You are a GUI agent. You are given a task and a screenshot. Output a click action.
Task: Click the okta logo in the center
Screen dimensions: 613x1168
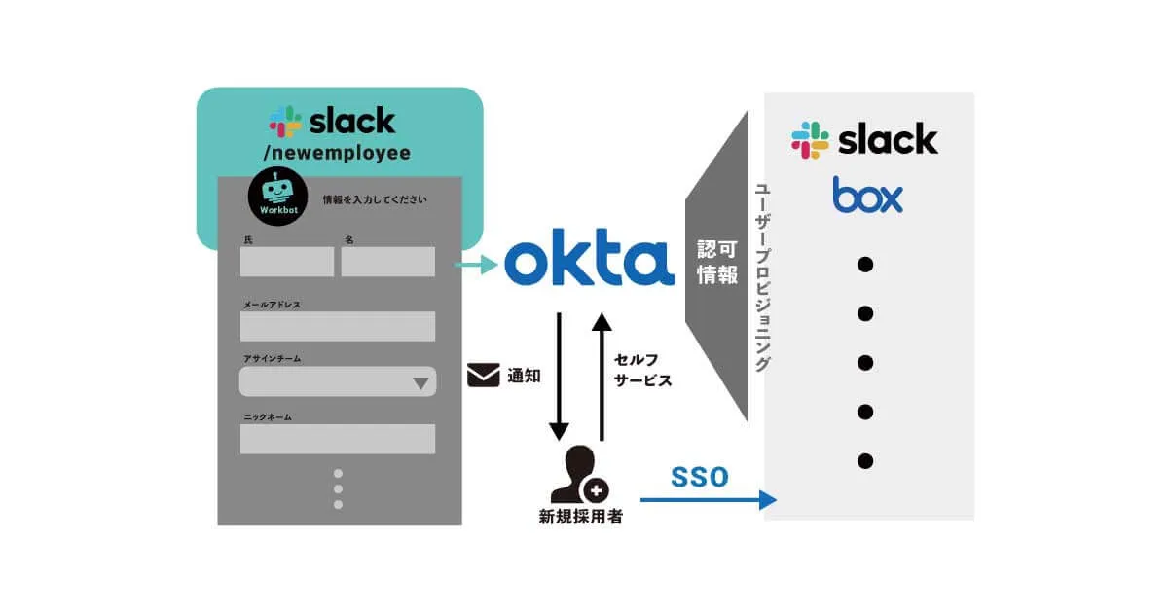click(x=589, y=260)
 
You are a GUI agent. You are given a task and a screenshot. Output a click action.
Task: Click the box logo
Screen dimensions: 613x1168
click(x=867, y=195)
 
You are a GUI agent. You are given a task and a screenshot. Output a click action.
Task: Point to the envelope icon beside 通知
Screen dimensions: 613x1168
click(x=483, y=375)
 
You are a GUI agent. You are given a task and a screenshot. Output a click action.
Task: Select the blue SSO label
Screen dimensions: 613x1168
click(x=699, y=477)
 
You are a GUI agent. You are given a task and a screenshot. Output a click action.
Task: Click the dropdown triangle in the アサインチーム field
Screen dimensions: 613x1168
click(x=420, y=382)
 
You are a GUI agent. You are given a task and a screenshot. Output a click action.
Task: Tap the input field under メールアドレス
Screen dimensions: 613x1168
click(x=338, y=326)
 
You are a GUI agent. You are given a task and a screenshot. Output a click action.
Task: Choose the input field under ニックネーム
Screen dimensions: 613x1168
click(x=338, y=439)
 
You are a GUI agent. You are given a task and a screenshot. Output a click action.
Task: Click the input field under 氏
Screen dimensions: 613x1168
click(x=287, y=262)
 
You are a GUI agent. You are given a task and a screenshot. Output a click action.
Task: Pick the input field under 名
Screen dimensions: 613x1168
click(x=387, y=262)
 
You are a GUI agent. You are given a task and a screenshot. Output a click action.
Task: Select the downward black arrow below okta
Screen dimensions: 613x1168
click(x=559, y=376)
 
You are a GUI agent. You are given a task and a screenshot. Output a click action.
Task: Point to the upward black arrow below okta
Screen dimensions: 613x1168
click(x=602, y=376)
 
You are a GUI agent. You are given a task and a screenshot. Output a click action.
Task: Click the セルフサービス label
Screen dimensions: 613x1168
click(x=642, y=370)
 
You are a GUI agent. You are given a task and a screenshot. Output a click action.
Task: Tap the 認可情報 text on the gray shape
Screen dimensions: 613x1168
click(x=717, y=262)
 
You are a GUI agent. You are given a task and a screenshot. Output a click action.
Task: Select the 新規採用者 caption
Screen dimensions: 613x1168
click(x=580, y=518)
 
